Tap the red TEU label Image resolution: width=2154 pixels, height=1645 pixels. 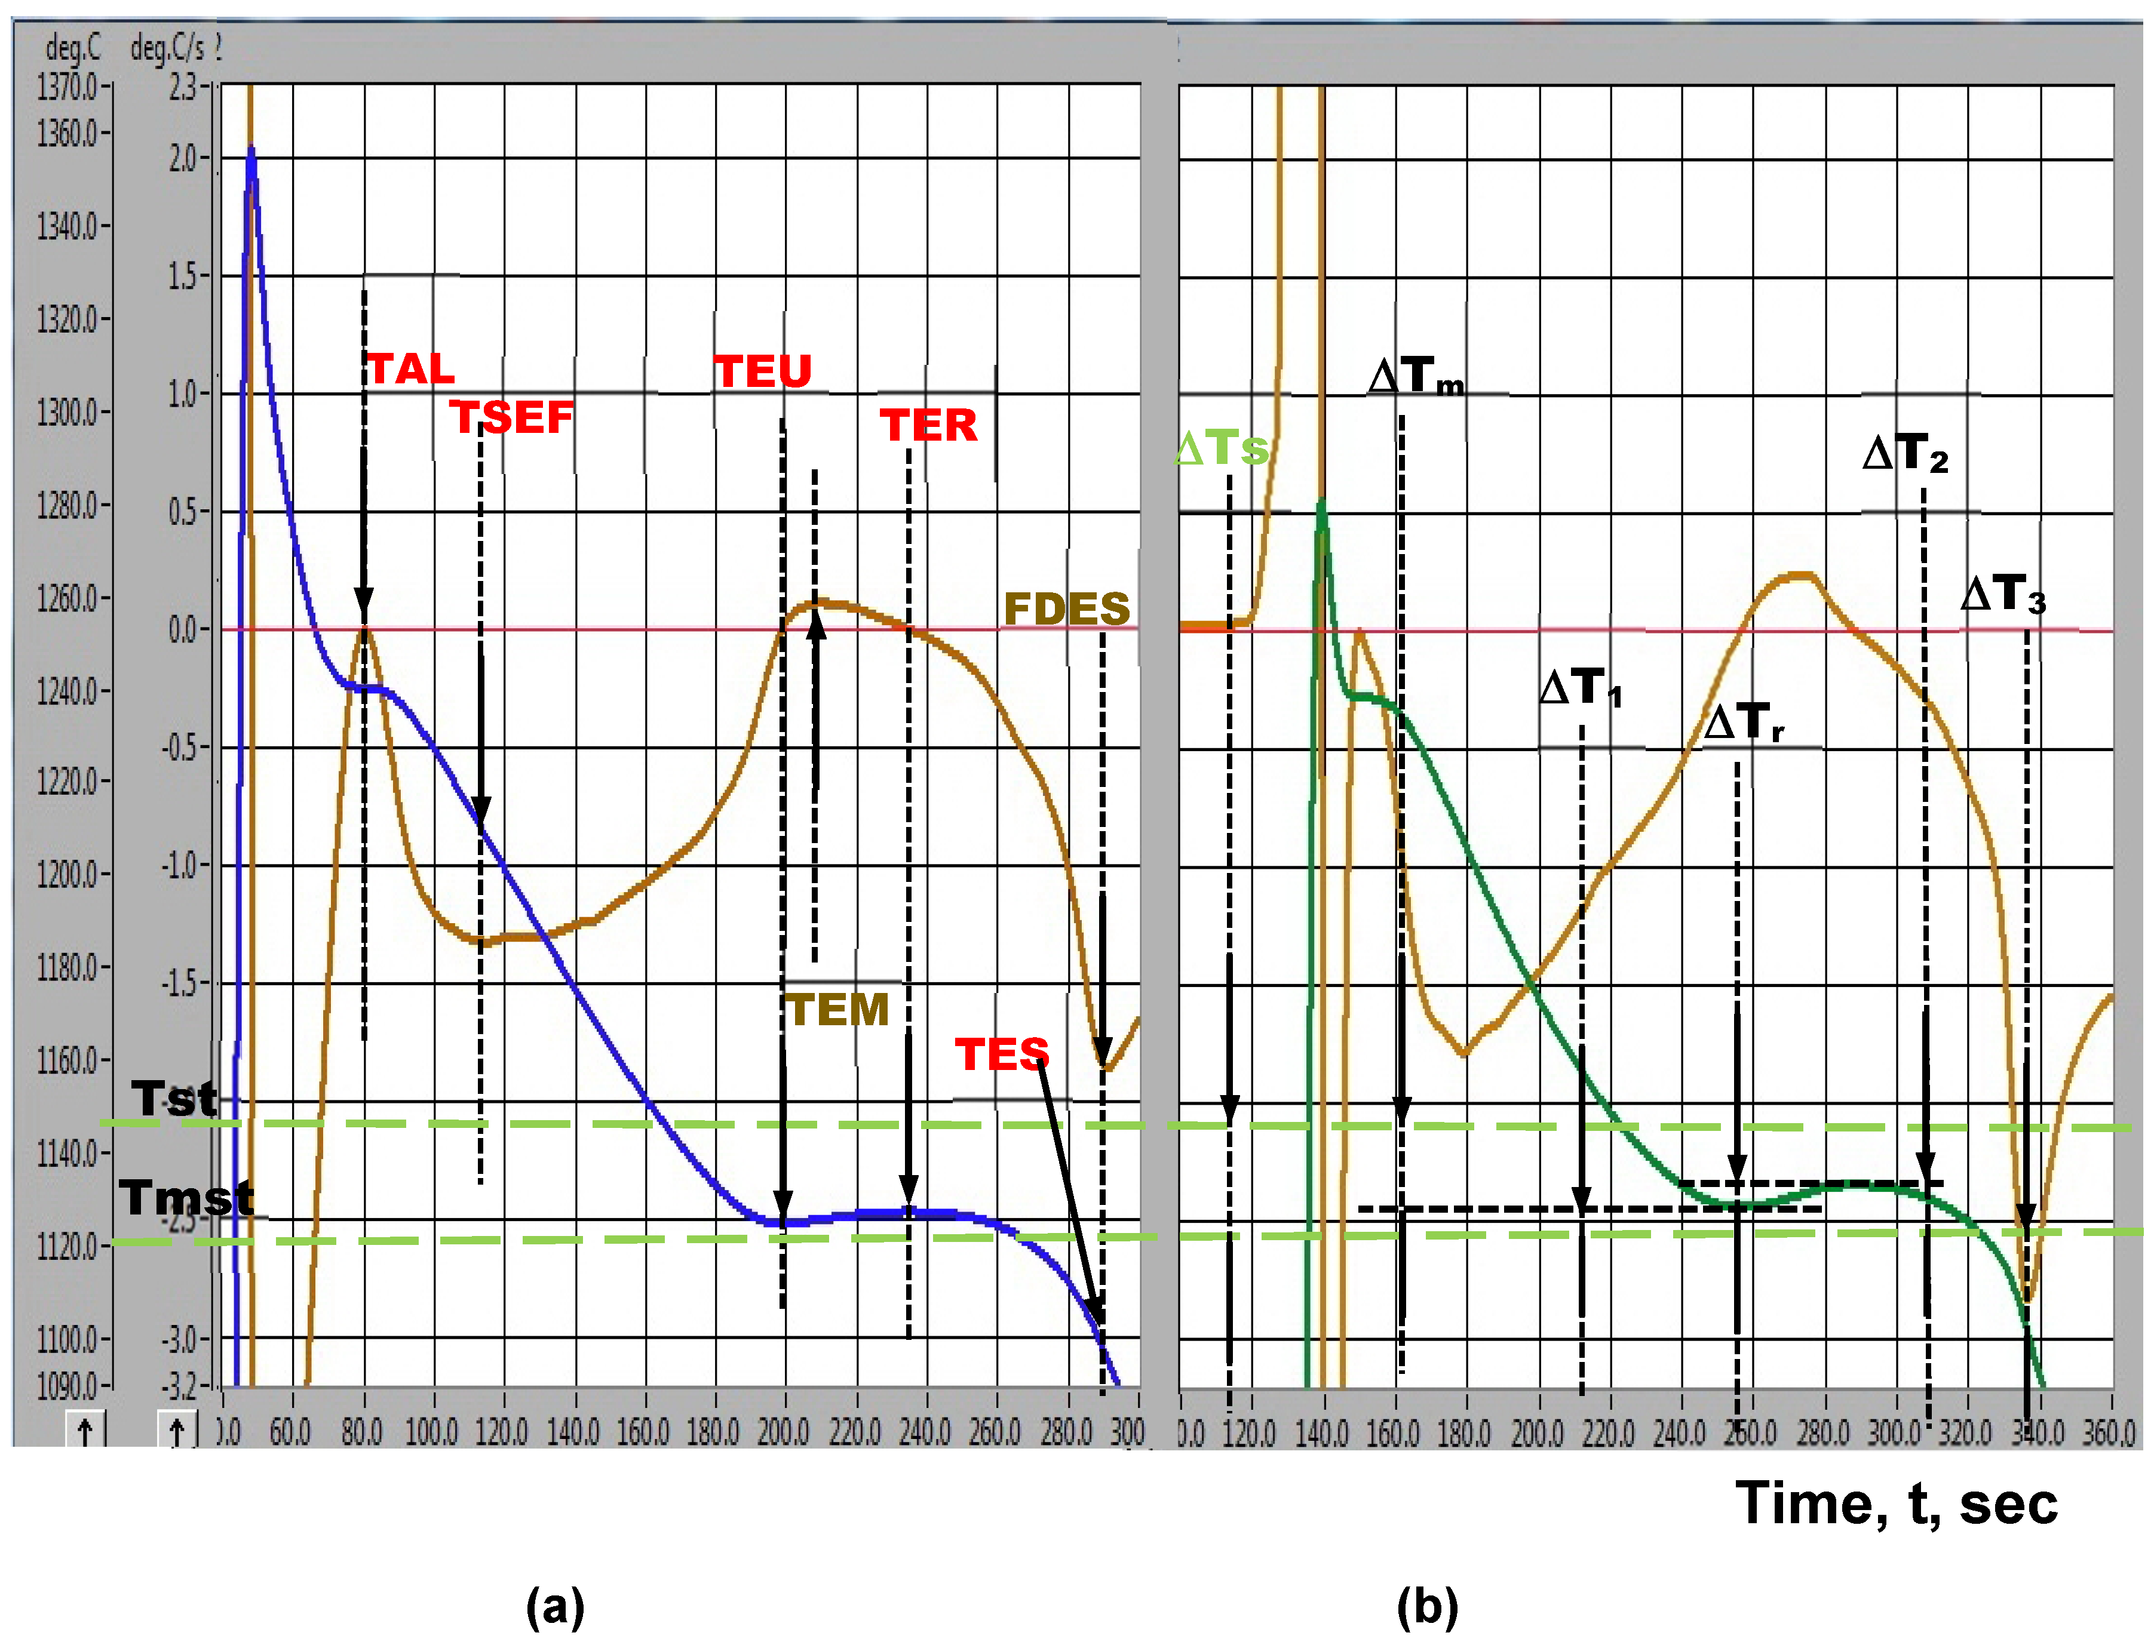click(x=763, y=371)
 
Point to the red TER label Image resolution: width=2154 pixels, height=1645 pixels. click(x=928, y=425)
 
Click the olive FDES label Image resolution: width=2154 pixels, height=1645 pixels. click(x=1067, y=609)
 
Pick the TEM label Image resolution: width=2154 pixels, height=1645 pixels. click(x=839, y=1010)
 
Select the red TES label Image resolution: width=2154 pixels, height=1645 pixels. click(x=1001, y=1054)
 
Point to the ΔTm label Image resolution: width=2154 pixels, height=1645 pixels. click(x=1416, y=376)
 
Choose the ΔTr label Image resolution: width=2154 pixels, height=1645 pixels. click(x=1744, y=722)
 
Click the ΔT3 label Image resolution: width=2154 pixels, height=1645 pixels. click(x=2003, y=594)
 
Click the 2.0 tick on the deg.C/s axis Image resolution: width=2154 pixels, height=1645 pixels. click(x=183, y=159)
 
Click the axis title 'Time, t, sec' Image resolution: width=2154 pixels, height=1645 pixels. click(x=1895, y=1503)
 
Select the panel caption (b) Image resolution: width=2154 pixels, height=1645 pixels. click(x=1427, y=1606)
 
